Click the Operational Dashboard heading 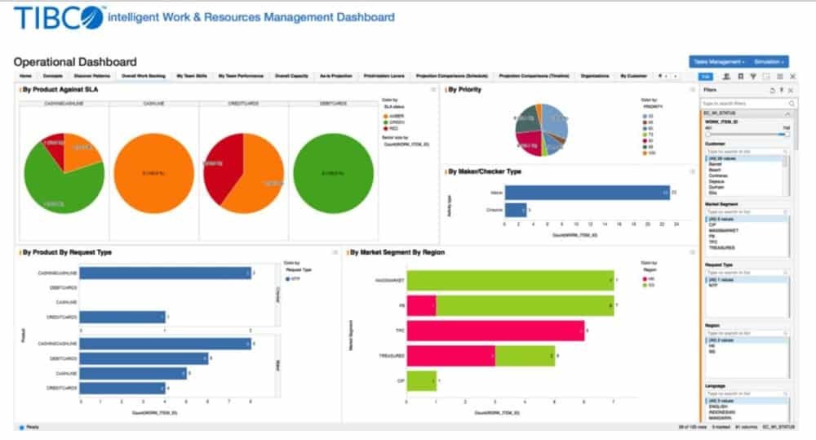(75, 61)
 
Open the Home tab (25, 76)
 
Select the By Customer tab (633, 76)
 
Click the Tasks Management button (719, 61)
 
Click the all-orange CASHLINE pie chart (153, 173)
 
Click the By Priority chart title (465, 90)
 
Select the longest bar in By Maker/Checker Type (587, 192)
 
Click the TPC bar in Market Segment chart (495, 331)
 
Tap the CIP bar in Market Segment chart (420, 380)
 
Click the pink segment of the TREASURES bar (450, 356)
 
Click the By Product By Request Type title (69, 252)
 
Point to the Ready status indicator (30, 427)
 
